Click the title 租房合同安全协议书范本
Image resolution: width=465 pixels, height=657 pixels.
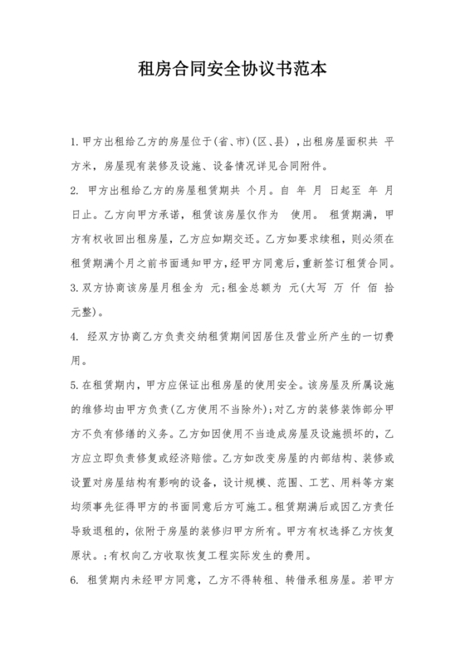click(x=232, y=69)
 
